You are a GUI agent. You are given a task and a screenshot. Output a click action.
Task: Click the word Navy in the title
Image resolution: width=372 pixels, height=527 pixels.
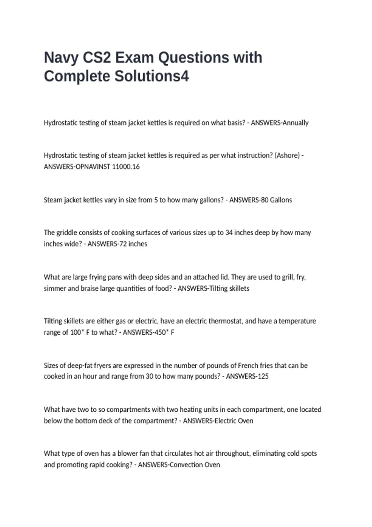(x=61, y=58)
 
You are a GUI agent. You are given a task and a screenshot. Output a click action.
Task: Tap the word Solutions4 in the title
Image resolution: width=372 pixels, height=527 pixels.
(x=152, y=76)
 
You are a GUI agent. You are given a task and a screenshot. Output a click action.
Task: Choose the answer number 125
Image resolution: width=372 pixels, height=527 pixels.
(x=263, y=376)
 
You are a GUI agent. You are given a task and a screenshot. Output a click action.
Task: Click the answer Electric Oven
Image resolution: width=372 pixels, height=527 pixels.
(x=234, y=421)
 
